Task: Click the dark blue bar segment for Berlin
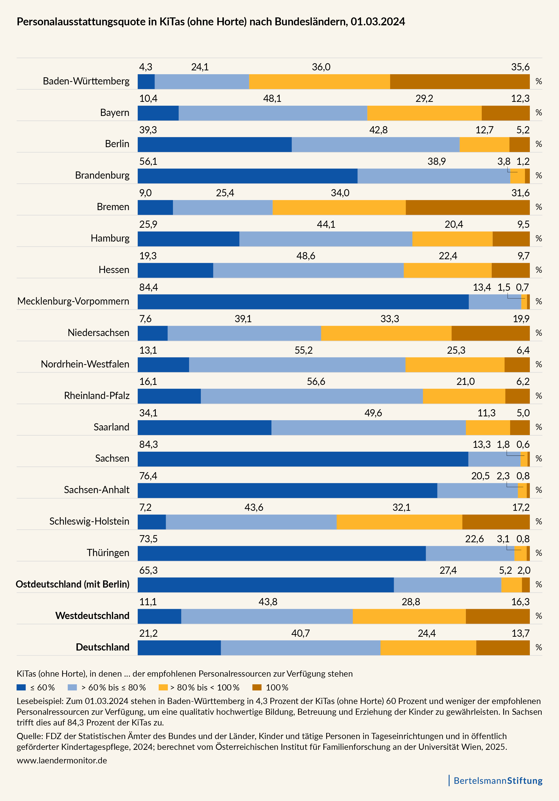click(214, 144)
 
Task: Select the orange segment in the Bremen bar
click(339, 208)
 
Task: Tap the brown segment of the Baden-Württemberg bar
click(460, 82)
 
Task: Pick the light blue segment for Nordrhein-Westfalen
click(297, 365)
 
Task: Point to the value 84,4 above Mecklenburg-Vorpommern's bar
click(149, 287)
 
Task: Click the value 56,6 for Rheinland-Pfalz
click(316, 382)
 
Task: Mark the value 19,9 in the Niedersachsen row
click(521, 319)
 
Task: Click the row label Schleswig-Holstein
click(89, 522)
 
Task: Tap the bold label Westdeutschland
click(92, 616)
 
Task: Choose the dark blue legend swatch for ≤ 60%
click(21, 687)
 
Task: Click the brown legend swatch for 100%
click(257, 687)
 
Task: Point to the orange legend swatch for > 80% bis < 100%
click(163, 687)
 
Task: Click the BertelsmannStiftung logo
click(498, 781)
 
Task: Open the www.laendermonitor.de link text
click(62, 761)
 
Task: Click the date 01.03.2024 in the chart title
click(378, 22)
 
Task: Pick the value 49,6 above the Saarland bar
click(373, 413)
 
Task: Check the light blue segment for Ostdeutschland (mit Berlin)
click(447, 585)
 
